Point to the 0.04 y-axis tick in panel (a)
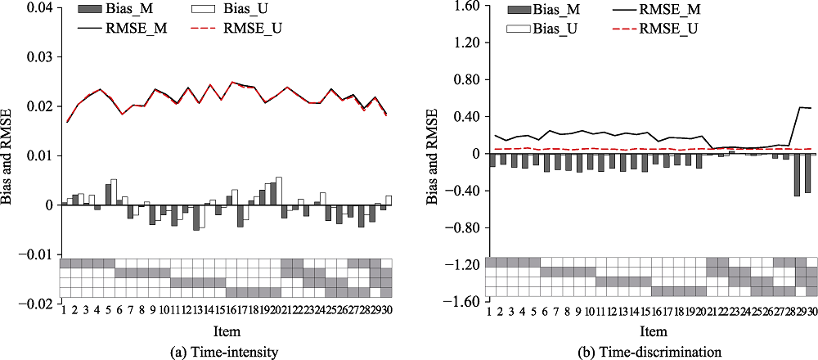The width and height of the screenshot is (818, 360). coord(40,8)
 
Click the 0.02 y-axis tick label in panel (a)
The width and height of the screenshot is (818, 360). coord(40,106)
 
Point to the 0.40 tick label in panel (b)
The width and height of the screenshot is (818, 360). coord(460,117)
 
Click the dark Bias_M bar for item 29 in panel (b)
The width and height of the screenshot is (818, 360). coord(797,174)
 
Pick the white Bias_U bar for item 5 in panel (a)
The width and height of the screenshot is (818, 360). coord(114,191)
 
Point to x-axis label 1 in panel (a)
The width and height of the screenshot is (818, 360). coord(63,311)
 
